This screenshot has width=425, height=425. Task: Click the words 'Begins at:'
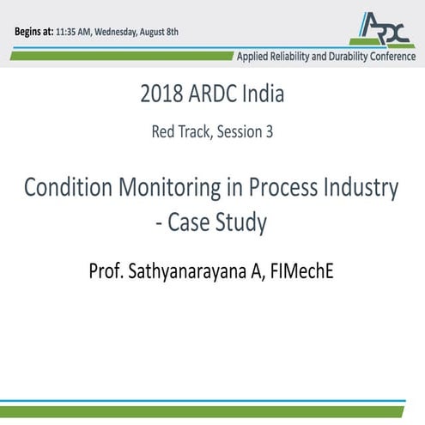pyautogui.click(x=33, y=32)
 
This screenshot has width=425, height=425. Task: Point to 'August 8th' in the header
pyautogui.click(x=162, y=33)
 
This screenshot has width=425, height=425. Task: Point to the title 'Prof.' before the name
pyautogui.click(x=107, y=270)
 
